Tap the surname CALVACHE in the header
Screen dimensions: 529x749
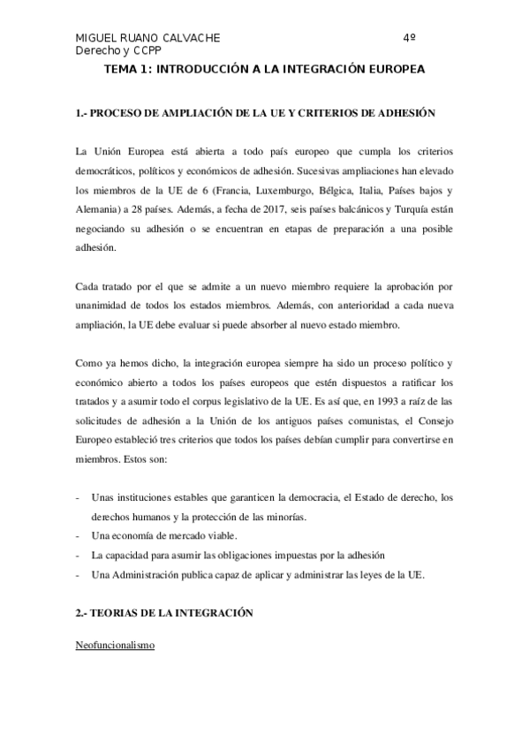(186, 39)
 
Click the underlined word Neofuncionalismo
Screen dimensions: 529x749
(114, 646)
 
